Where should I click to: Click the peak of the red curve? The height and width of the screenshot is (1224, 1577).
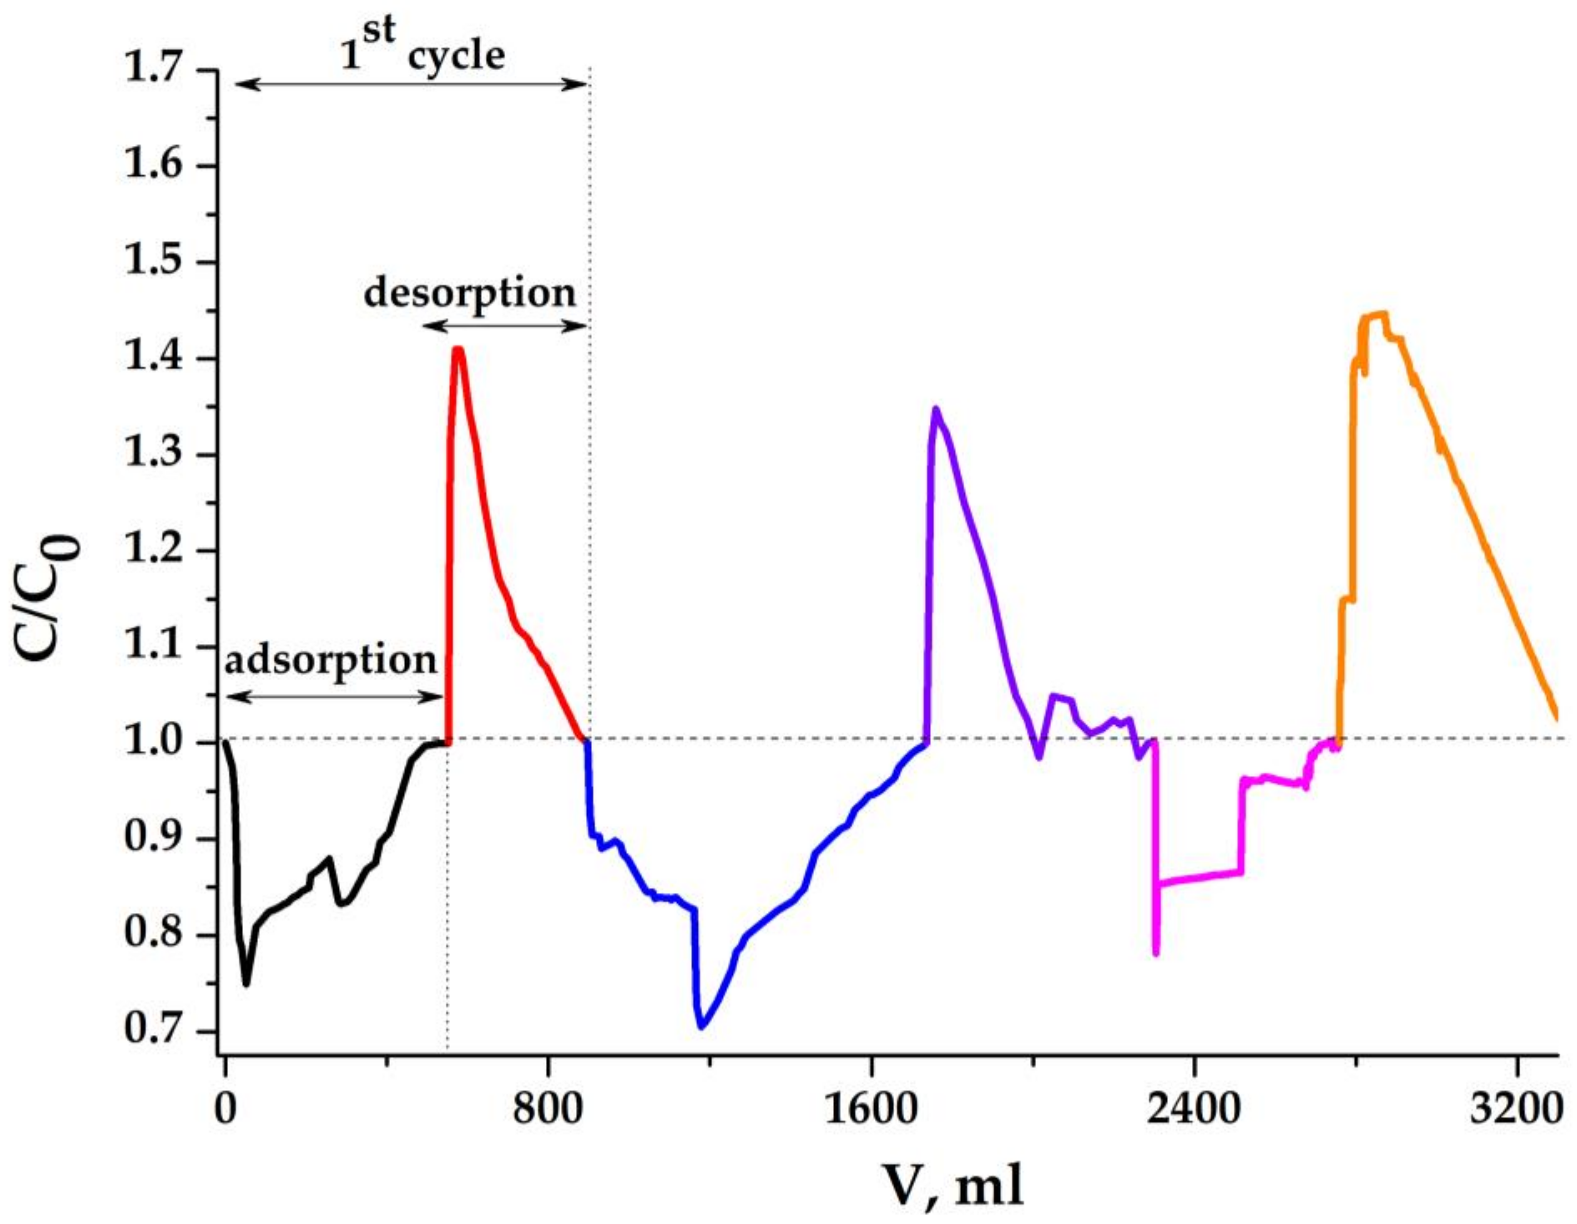457,350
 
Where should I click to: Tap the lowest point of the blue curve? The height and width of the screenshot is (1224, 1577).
701,1026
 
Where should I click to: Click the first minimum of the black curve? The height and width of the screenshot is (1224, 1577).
246,984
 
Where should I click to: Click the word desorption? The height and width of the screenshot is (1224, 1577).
470,293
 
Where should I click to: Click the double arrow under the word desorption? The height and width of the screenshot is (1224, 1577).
505,326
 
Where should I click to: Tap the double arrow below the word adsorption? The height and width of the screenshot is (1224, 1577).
334,697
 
